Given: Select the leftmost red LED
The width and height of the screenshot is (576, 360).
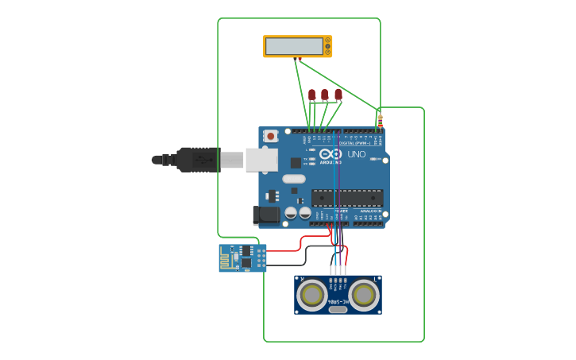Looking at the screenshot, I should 311,95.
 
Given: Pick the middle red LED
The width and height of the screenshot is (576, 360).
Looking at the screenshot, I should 324,95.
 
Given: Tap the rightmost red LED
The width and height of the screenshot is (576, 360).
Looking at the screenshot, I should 338,95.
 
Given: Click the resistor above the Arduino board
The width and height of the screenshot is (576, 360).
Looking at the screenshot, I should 380,121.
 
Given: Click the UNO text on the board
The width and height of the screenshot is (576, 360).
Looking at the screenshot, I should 357,154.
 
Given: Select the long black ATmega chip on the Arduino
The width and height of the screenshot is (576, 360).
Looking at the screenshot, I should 347,198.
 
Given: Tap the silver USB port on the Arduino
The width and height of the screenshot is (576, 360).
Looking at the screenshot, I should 261,160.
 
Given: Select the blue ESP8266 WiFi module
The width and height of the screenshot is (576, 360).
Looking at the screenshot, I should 242,258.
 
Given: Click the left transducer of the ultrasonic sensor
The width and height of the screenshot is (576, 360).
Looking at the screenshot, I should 311,295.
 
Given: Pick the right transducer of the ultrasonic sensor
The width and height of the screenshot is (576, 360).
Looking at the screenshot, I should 364,295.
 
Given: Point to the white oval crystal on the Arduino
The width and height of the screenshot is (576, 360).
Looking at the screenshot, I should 293,179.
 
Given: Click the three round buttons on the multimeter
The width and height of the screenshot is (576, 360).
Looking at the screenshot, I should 327,46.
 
